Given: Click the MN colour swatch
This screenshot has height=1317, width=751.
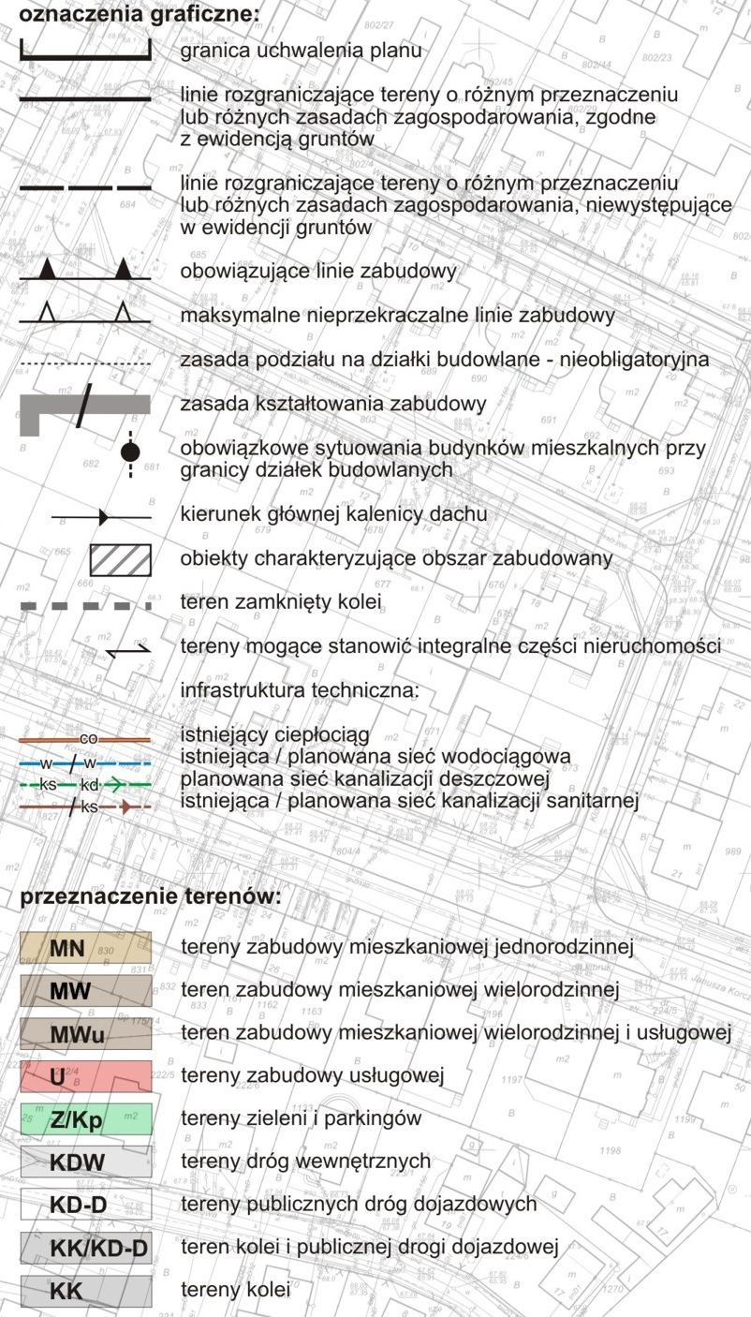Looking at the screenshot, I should click(85, 948).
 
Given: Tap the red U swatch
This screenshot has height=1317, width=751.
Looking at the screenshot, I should click(85, 1076).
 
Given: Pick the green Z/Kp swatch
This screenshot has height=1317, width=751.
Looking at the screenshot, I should click(85, 1118).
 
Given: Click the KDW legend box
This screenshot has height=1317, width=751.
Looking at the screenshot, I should click(85, 1162).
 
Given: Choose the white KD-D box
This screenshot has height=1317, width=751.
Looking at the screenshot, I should click(85, 1204).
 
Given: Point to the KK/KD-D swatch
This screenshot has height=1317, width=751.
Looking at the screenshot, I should click(85, 1247).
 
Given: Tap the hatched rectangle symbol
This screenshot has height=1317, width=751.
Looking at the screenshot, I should click(120, 559).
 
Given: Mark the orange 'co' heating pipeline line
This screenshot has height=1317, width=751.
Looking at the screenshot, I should click(85, 739).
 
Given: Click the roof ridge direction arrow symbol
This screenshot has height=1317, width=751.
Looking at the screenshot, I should click(101, 516).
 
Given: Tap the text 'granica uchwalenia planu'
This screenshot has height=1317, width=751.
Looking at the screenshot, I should click(301, 51).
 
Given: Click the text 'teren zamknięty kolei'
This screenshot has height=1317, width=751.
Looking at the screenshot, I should click(281, 602).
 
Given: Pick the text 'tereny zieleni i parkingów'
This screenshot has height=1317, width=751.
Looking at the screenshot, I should click(301, 1118).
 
